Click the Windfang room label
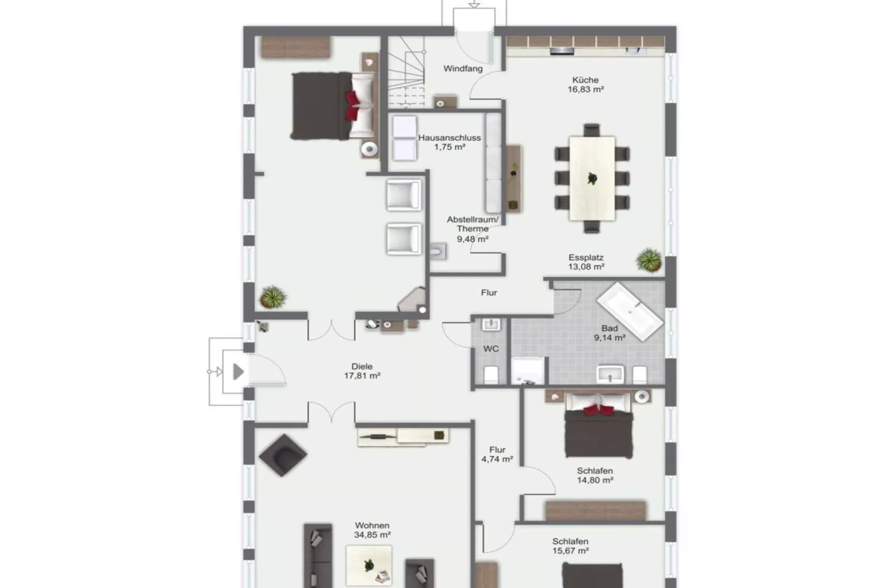point(463,69)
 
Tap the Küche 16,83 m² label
point(586,85)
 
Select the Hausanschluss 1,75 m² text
point(449,142)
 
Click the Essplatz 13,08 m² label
point(586,262)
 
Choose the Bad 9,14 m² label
point(609,333)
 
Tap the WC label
point(491,349)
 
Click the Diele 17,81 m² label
point(362,371)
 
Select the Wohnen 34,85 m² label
point(372,530)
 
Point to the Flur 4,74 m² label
point(497,454)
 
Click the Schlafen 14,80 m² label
point(595,475)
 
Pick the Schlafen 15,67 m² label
point(571,546)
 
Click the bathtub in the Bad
point(630,310)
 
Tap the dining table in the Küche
point(592,177)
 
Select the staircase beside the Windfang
point(407,71)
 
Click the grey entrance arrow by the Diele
point(238,372)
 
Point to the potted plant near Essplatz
point(649,259)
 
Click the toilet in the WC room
point(491,375)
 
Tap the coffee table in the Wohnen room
point(369,565)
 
